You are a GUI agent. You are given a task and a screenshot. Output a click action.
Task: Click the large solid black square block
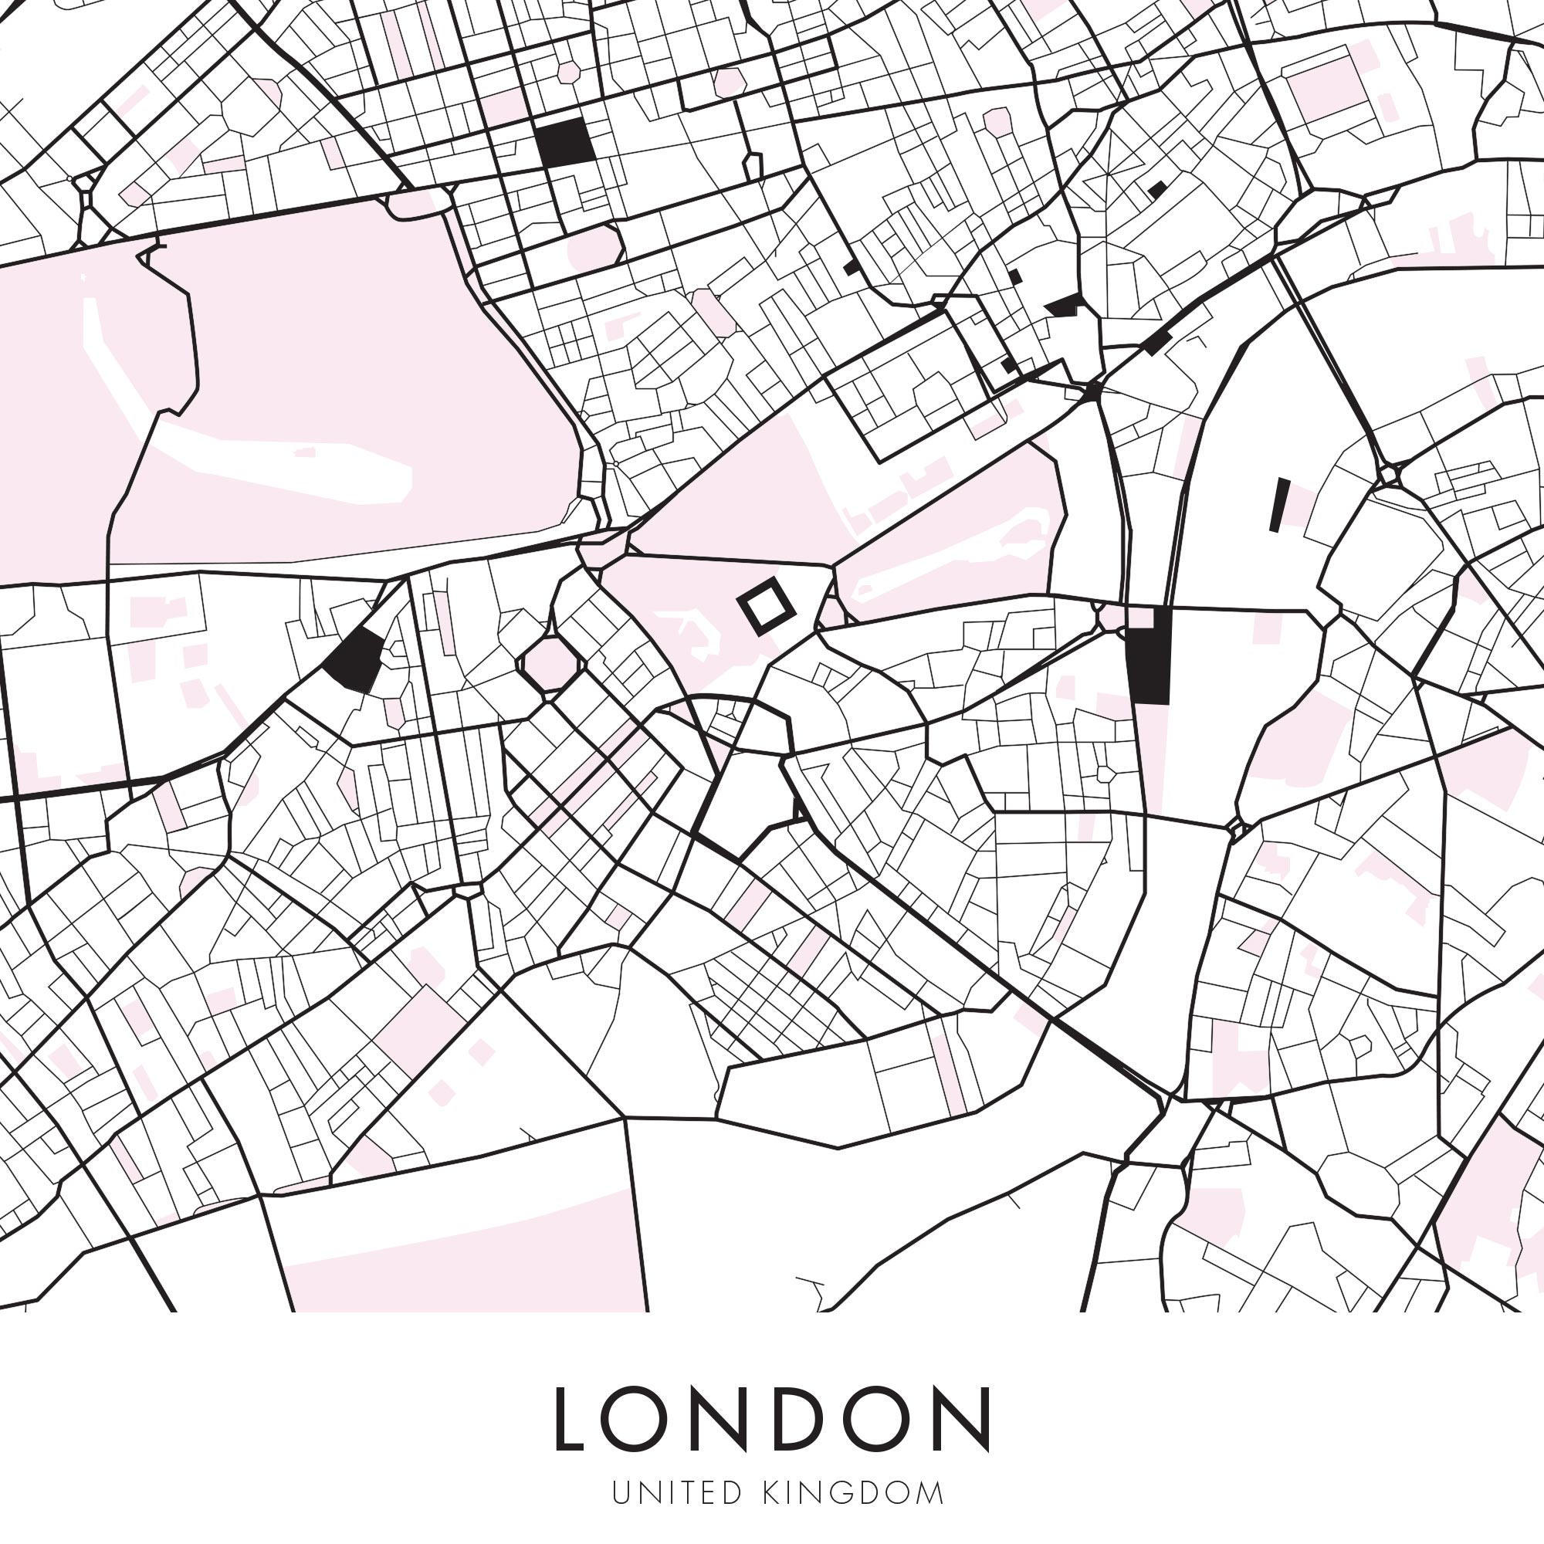pyautogui.click(x=565, y=143)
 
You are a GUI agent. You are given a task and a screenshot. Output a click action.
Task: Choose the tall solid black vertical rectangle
pyautogui.click(x=1148, y=655)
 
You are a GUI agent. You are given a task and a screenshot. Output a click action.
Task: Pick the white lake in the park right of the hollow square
pyautogui.click(x=951, y=560)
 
